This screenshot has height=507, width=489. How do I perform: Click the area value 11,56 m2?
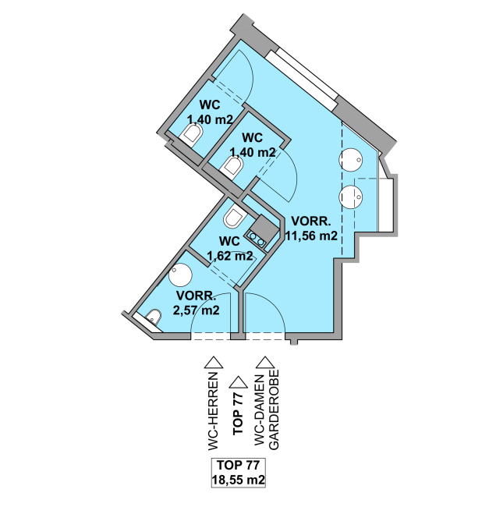click(x=311, y=236)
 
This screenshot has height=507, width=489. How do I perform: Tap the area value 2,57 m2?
click(x=197, y=310)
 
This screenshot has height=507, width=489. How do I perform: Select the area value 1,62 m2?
click(x=230, y=256)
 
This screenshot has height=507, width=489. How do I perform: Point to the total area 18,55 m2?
click(x=239, y=479)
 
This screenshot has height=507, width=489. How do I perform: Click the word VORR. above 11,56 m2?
click(x=311, y=222)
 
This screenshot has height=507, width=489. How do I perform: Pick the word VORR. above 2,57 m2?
click(x=196, y=296)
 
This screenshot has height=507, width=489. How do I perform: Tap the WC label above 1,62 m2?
click(x=229, y=241)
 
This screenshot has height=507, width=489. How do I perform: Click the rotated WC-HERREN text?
click(x=214, y=411)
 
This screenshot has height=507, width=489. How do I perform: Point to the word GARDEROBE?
click(x=274, y=409)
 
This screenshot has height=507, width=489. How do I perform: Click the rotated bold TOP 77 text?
click(x=238, y=413)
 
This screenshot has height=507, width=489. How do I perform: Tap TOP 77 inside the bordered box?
click(x=238, y=465)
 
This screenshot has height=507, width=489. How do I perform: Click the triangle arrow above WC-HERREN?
click(x=214, y=363)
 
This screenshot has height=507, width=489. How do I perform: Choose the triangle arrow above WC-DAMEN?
click(x=265, y=363)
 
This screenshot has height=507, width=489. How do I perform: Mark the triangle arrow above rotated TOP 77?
click(x=238, y=382)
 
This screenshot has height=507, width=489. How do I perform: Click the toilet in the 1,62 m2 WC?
click(x=235, y=218)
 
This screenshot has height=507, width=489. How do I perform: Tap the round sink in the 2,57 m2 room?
click(x=181, y=275)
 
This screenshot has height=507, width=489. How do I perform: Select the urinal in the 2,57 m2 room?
click(x=154, y=317)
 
